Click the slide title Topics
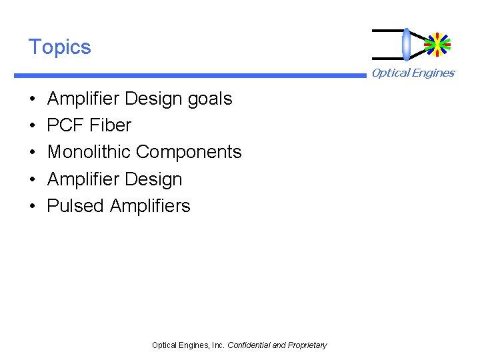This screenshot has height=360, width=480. (x=59, y=47)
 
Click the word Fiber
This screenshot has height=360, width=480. (x=110, y=125)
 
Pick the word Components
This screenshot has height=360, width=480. (x=189, y=152)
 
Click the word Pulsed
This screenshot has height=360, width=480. (x=75, y=206)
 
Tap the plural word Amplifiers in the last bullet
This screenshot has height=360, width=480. (x=150, y=206)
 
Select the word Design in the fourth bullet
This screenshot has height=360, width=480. (x=151, y=179)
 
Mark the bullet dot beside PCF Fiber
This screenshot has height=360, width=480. (x=32, y=126)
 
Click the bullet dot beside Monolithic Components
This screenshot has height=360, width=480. (x=32, y=153)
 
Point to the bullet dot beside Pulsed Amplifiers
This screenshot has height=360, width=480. (x=32, y=207)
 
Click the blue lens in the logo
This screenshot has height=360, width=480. (x=406, y=44)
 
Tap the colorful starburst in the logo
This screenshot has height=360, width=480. (x=437, y=44)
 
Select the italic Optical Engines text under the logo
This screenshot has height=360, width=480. (x=413, y=73)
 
